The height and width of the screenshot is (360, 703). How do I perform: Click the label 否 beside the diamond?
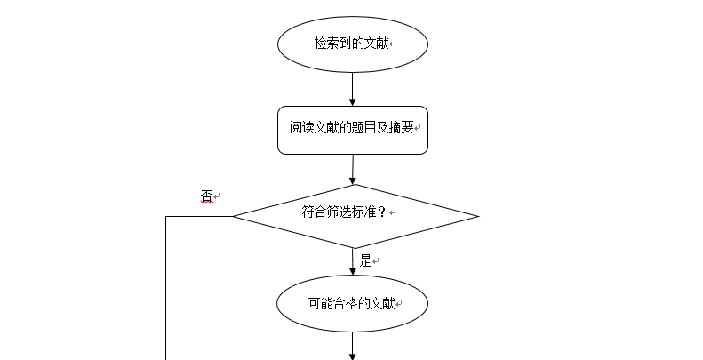pyautogui.click(x=206, y=196)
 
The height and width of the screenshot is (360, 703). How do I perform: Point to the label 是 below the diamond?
pyautogui.click(x=366, y=260)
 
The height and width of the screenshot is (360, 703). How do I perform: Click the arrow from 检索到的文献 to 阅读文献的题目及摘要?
pyautogui.click(x=353, y=89)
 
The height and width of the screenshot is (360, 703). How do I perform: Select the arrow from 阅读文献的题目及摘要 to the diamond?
pyautogui.click(x=353, y=170)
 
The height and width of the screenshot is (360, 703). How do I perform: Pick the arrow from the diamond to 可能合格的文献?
pyautogui.click(x=353, y=261)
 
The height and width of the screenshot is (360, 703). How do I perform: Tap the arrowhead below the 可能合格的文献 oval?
pyautogui.click(x=353, y=356)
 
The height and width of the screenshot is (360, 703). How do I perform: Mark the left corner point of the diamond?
pyautogui.click(x=233, y=216)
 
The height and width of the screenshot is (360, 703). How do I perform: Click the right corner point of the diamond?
pyautogui.click(x=479, y=216)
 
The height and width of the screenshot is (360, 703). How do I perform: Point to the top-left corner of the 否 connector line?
pyautogui.click(x=166, y=216)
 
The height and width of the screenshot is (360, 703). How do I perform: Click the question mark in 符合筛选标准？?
pyautogui.click(x=382, y=212)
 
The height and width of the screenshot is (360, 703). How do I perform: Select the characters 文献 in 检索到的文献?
pyautogui.click(x=376, y=43)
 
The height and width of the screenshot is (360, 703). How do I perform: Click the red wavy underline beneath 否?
pyautogui.click(x=207, y=203)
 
